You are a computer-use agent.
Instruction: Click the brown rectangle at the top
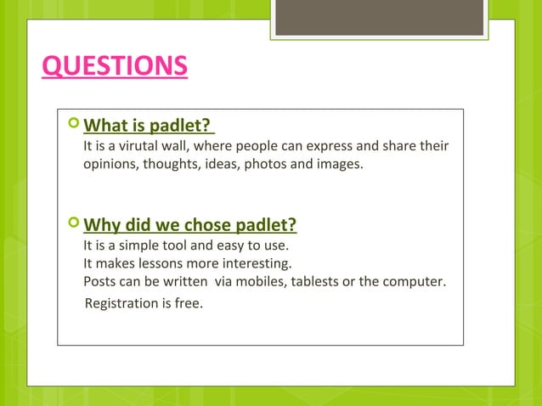(x=379, y=17)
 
